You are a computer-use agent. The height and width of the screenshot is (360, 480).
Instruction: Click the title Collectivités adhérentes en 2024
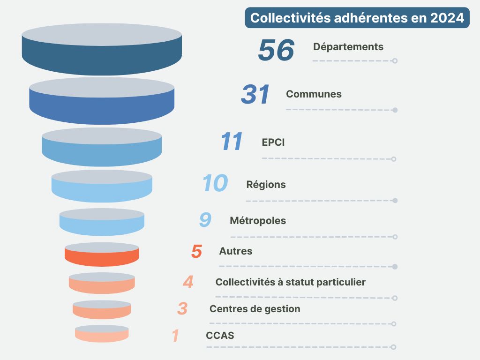tap(357, 18)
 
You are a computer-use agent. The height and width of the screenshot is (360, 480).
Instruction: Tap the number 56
tap(276, 50)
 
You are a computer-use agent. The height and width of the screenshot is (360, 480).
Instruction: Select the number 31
tap(255, 95)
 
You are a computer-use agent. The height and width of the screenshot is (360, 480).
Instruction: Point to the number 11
tap(232, 142)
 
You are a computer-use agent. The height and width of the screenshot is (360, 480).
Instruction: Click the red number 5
tap(196, 252)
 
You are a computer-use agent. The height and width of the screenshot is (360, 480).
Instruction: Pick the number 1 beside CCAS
tap(176, 336)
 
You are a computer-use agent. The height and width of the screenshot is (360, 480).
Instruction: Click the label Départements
tap(348, 47)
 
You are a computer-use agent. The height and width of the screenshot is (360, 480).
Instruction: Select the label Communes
tap(314, 94)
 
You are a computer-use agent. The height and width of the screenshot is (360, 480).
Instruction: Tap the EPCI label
tap(273, 142)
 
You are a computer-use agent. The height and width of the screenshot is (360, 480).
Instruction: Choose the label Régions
tap(266, 185)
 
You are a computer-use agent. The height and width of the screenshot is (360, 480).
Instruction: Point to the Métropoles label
tap(258, 221)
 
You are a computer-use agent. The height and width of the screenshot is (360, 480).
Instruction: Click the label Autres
tap(236, 251)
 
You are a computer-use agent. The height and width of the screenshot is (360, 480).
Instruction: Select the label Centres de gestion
tap(255, 309)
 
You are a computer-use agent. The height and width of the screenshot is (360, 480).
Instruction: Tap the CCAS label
tap(220, 336)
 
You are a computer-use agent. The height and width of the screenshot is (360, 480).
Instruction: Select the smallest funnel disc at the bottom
tap(102, 335)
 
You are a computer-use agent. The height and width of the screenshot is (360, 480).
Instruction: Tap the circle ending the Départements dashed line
tap(395, 61)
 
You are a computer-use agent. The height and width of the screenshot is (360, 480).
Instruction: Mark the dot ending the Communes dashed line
tap(395, 110)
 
